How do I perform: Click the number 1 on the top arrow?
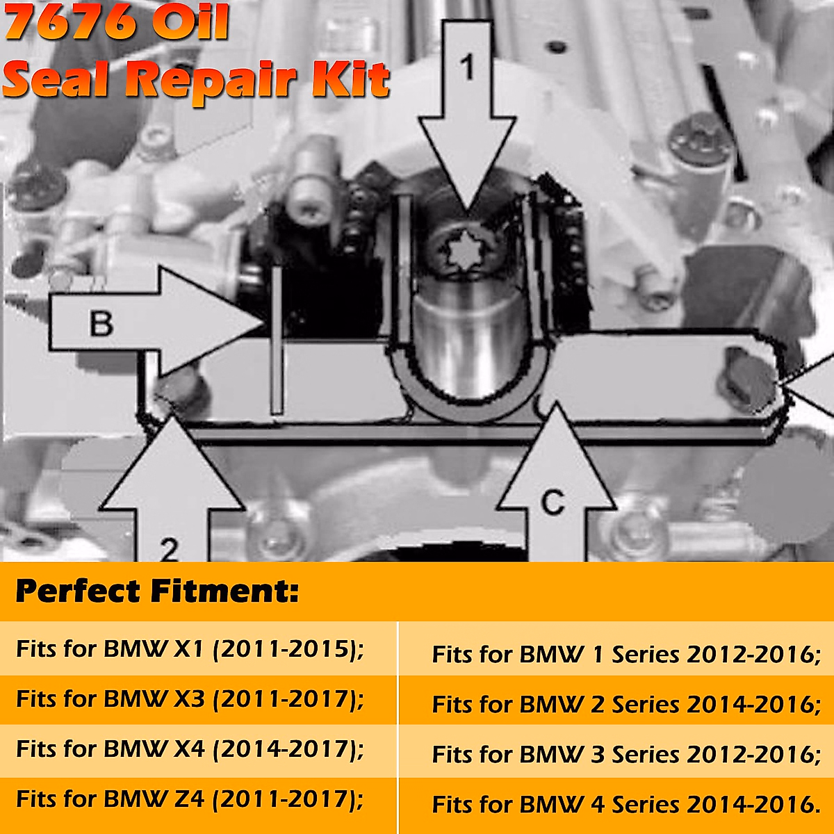click(468, 67)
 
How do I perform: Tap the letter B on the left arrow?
click(101, 324)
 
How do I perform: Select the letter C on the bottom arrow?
click(553, 502)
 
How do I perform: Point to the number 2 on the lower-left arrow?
click(170, 549)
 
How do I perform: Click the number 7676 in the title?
click(70, 22)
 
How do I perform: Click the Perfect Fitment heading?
click(157, 591)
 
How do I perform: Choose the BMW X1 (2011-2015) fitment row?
click(190, 649)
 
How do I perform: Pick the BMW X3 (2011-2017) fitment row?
click(190, 699)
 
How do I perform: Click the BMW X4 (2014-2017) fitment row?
click(190, 749)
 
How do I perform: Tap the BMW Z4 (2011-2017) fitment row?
click(190, 799)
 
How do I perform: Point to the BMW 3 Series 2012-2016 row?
click(625, 755)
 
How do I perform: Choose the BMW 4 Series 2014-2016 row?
click(625, 805)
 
